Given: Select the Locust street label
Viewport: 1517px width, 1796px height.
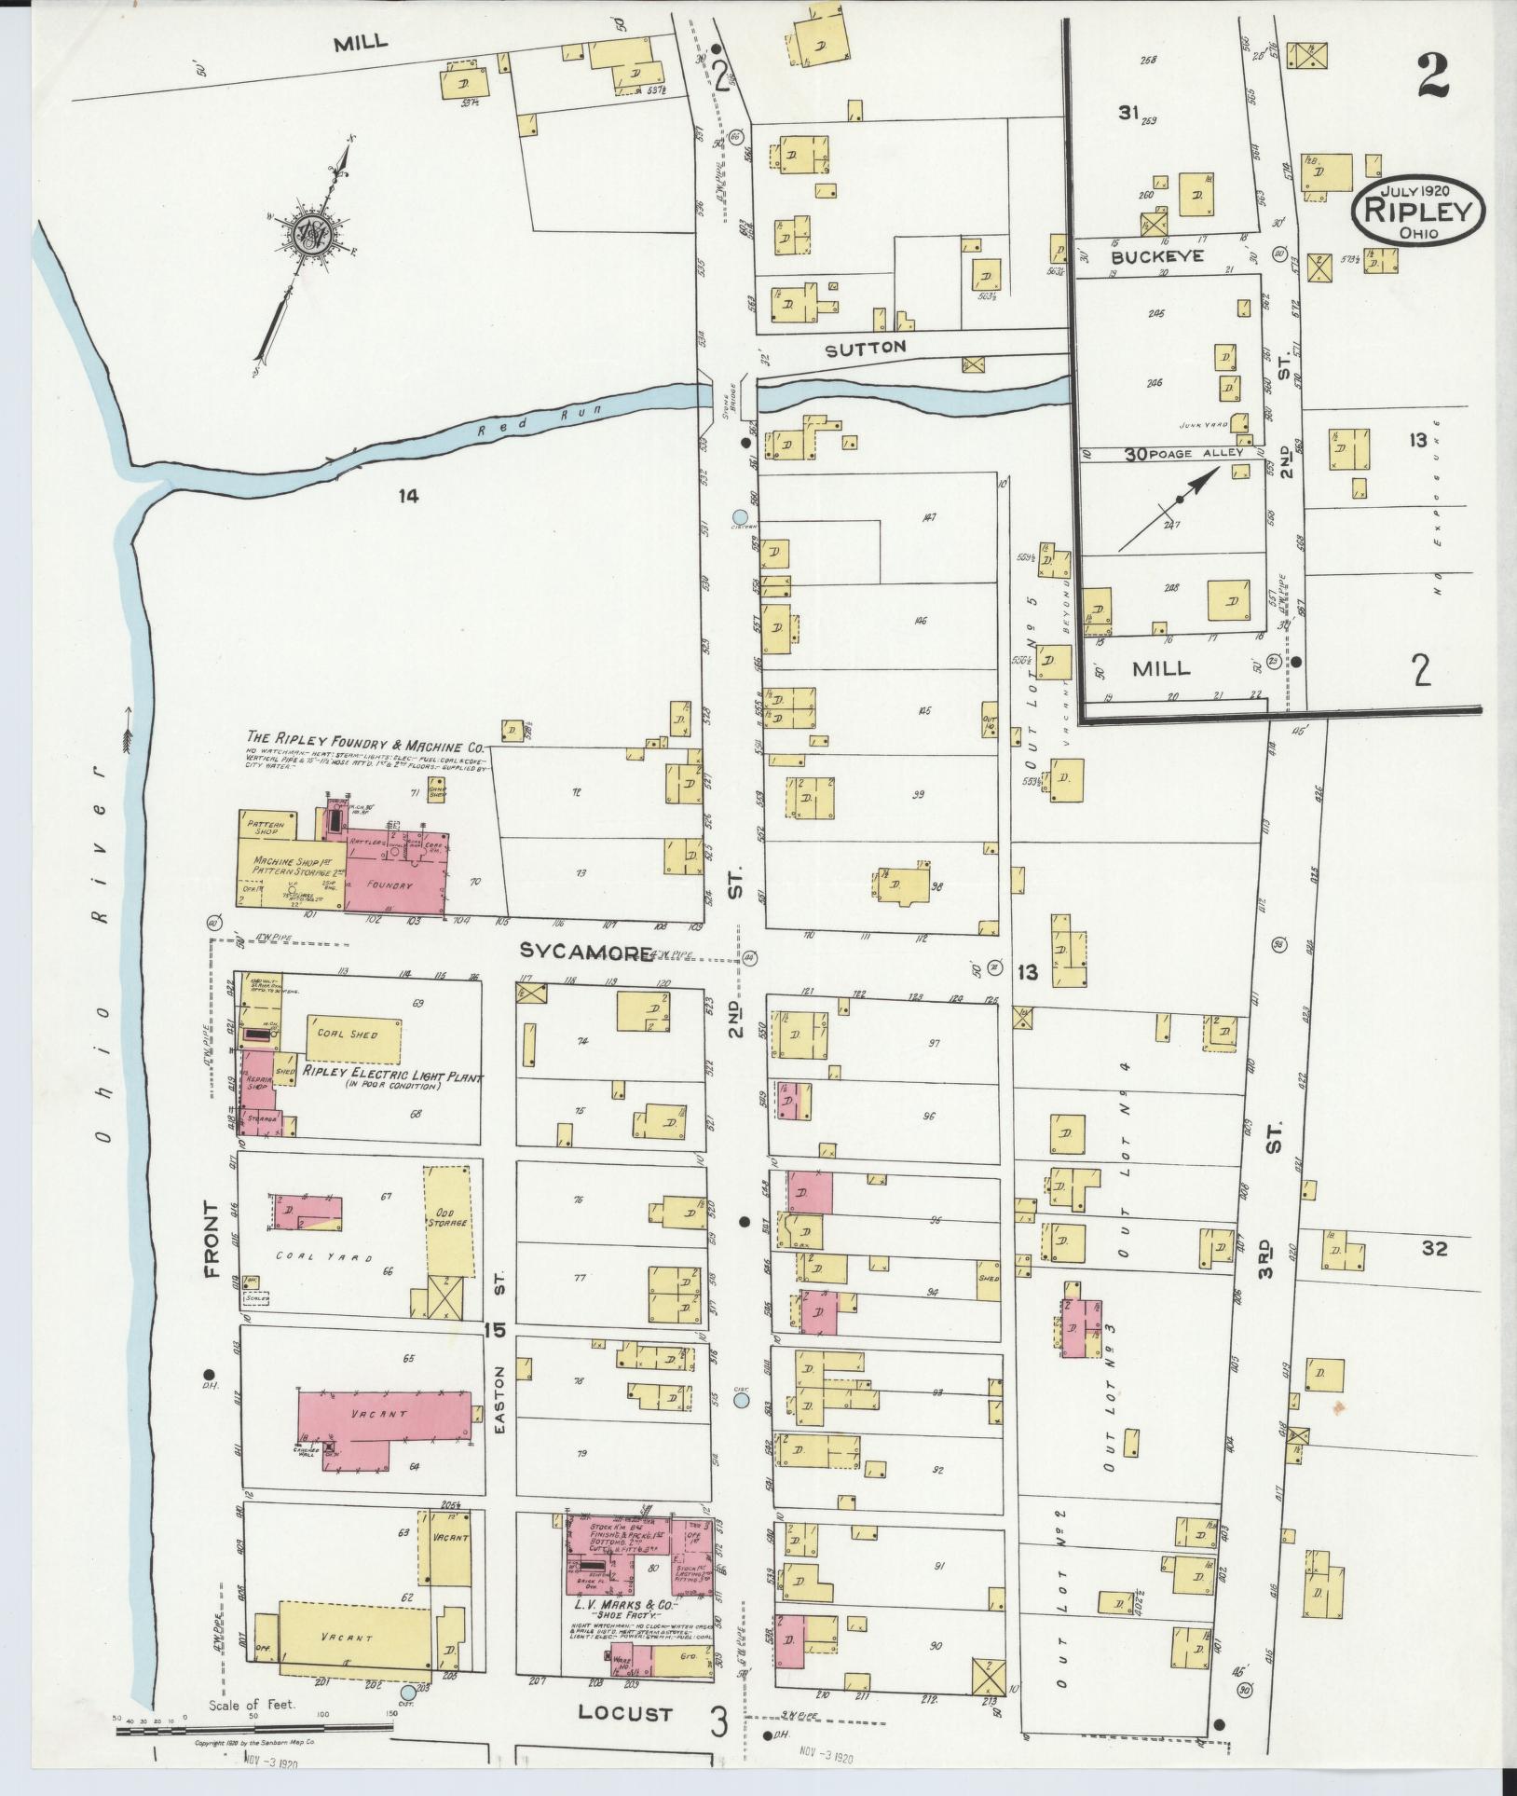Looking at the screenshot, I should (x=624, y=1712).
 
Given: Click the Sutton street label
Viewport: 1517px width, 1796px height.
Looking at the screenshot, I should (x=865, y=347).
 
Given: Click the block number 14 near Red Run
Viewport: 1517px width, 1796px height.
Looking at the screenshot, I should (x=407, y=496).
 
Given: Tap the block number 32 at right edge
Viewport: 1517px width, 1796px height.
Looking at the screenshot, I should (x=1434, y=1247).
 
